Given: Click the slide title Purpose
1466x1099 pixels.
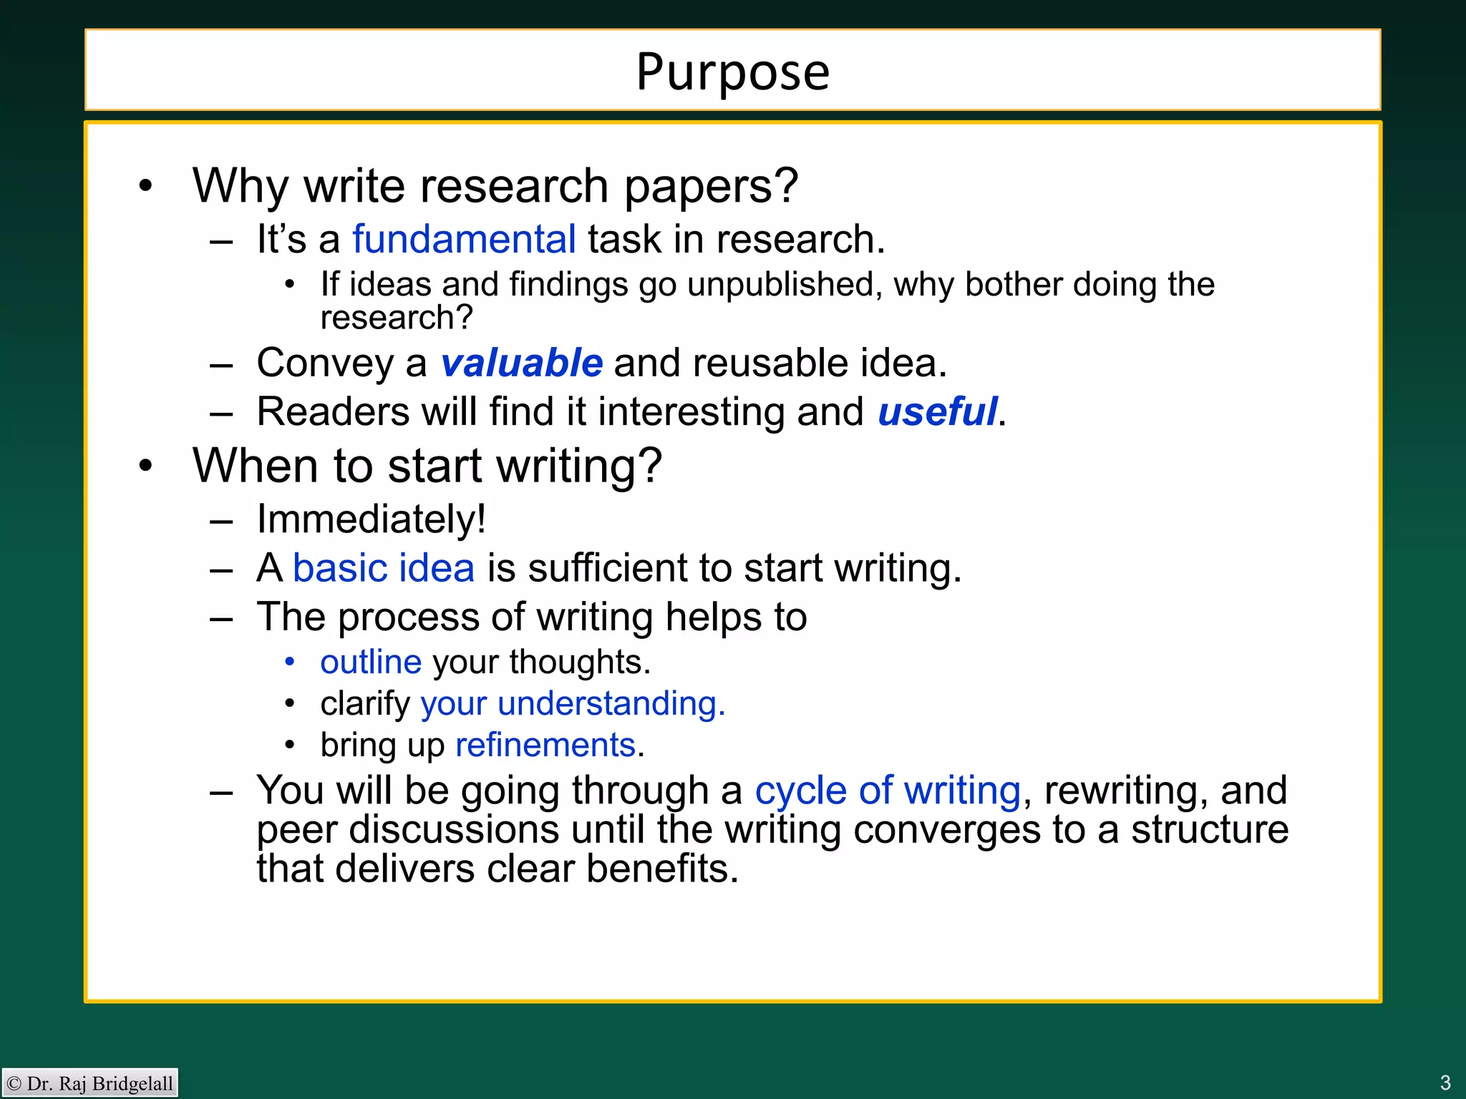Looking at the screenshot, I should click(x=732, y=72).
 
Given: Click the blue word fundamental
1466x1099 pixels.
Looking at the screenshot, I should click(x=464, y=239).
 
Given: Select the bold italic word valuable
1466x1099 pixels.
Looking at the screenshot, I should click(x=521, y=363).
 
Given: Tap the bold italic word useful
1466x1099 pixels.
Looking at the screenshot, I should click(x=937, y=412).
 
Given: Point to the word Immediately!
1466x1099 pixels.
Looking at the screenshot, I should click(x=372, y=519).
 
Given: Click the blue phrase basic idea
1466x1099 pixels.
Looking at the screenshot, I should click(x=384, y=568).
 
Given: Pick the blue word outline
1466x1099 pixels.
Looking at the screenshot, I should click(x=371, y=662).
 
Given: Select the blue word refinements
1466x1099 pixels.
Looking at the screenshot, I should click(x=545, y=745).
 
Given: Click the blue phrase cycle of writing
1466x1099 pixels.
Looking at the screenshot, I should click(x=888, y=791).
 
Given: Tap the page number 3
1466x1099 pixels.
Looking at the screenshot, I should click(x=1445, y=1082).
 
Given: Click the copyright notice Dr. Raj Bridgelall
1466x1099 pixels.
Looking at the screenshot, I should click(x=90, y=1083).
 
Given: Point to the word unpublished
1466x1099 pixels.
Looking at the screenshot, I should click(x=785, y=285).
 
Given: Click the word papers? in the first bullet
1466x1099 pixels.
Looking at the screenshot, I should click(x=711, y=186).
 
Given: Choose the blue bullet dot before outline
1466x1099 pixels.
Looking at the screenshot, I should click(x=290, y=663).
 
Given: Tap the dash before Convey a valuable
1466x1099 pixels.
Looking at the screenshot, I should click(x=221, y=364).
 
